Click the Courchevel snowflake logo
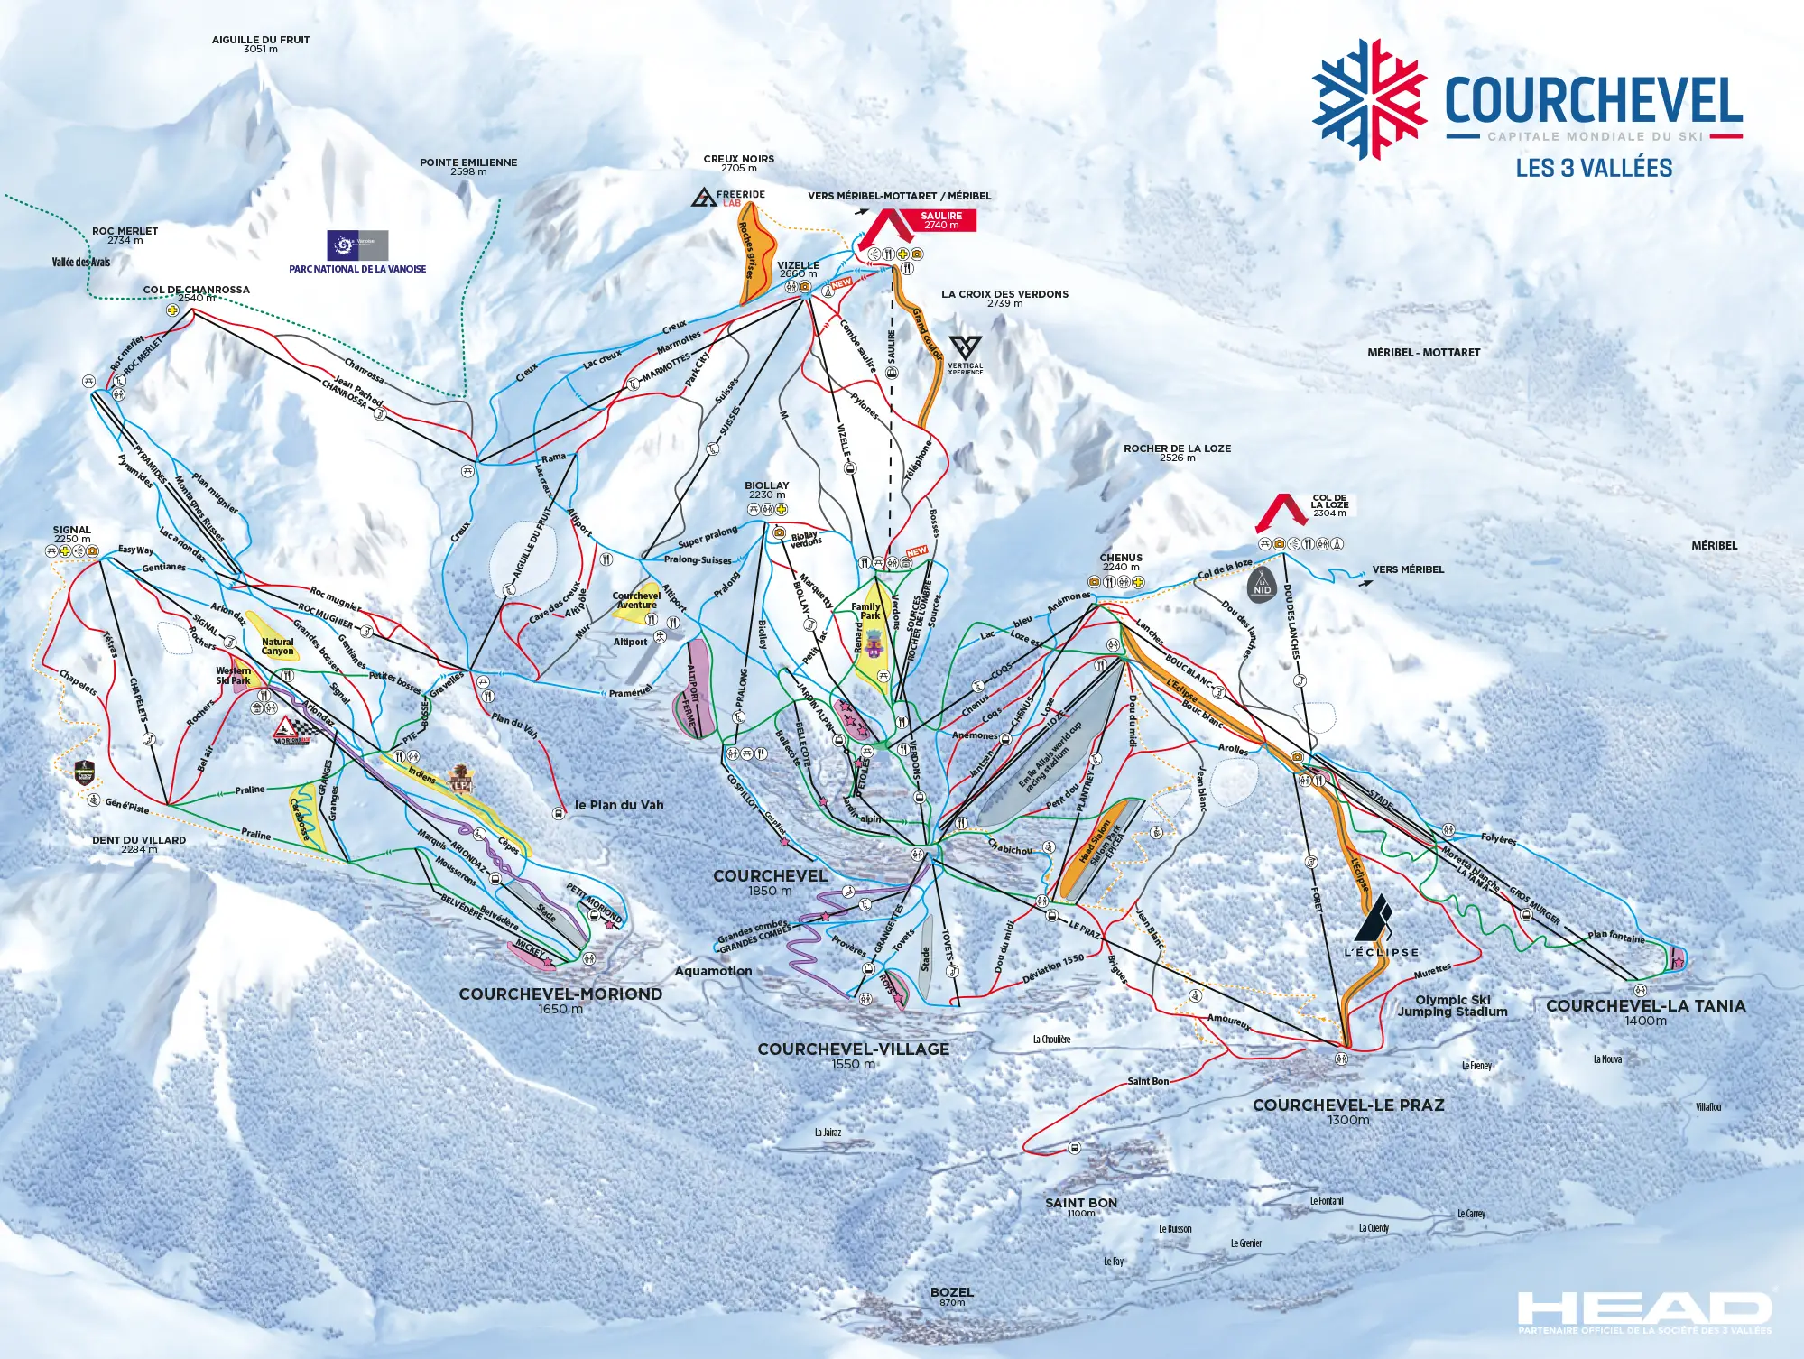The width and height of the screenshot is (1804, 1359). (1368, 99)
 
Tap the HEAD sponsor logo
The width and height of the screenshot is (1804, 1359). (1643, 1308)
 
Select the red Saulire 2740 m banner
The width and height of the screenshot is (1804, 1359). (941, 220)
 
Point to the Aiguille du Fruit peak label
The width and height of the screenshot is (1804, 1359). (260, 44)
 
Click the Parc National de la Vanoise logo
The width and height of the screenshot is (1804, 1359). (357, 245)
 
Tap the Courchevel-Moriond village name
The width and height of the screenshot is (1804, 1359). (560, 994)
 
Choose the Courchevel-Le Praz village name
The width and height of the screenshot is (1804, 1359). (1348, 1105)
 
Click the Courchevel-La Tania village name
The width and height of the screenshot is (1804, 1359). (1645, 1006)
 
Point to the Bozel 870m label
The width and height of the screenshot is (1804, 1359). (951, 1296)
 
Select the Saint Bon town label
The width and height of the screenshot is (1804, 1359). (1080, 1204)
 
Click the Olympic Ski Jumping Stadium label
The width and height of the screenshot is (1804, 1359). (1452, 1005)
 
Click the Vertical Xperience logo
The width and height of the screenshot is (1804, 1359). (966, 353)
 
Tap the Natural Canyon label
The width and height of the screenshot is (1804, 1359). (277, 646)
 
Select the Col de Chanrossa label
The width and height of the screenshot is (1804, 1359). (196, 291)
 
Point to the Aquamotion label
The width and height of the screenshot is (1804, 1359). (713, 972)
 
